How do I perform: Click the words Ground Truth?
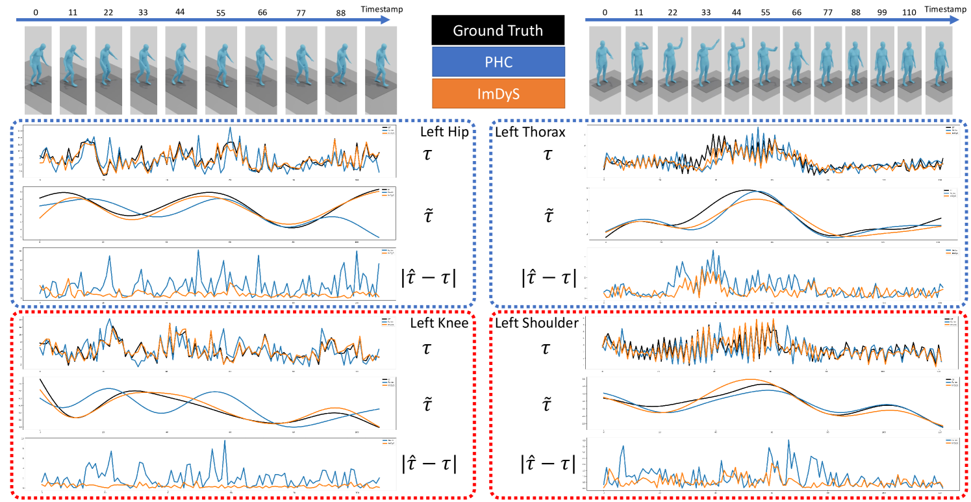[498, 31]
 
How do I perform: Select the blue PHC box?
[498, 62]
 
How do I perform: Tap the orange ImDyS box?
[498, 93]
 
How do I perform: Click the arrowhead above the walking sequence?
[386, 19]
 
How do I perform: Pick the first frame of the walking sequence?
[38, 71]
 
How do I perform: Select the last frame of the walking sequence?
[381, 71]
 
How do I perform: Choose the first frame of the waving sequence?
[605, 71]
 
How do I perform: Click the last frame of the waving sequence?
[939, 71]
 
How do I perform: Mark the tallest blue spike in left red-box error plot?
[225, 442]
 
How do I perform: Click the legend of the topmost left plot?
[388, 131]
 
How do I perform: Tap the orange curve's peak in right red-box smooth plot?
[748, 379]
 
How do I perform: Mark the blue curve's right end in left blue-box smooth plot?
[379, 237]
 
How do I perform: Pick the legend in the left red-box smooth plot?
[388, 383]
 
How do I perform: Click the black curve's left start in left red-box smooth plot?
[40, 379]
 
